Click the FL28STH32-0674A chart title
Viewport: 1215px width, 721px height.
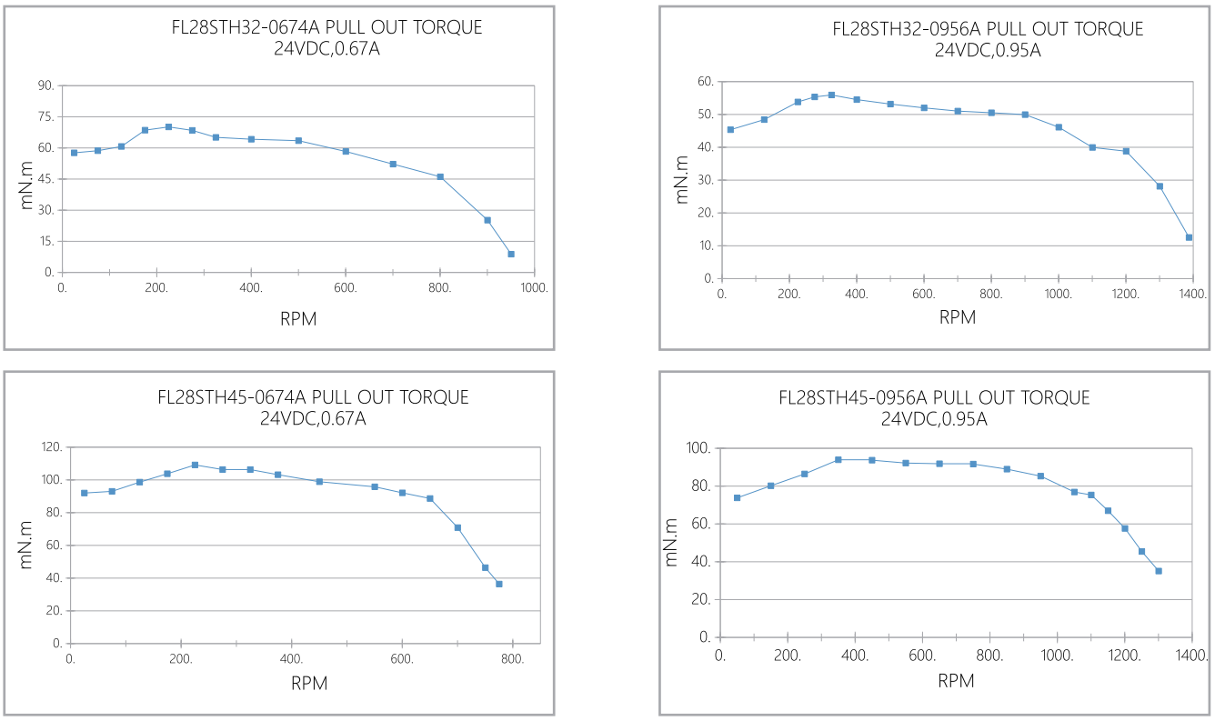coord(326,27)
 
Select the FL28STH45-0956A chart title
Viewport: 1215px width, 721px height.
coord(934,397)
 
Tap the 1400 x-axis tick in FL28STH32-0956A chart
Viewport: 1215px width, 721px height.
coord(1193,294)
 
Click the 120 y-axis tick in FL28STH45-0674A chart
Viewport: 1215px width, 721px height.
coord(52,447)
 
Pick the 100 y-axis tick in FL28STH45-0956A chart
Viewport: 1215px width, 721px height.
coord(698,448)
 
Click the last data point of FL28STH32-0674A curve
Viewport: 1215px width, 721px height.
coord(511,254)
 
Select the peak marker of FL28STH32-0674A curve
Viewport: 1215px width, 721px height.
coord(168,126)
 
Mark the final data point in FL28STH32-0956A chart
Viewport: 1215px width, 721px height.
coord(1189,237)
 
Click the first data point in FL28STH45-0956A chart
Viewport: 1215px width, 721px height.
coord(737,497)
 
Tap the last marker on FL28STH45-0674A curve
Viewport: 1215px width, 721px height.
coord(499,584)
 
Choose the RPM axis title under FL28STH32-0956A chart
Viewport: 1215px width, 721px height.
coord(957,317)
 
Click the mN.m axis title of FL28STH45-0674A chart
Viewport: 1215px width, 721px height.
coord(26,545)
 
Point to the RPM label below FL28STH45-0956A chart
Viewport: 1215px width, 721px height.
coord(956,680)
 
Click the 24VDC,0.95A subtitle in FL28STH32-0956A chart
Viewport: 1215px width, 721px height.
coord(988,50)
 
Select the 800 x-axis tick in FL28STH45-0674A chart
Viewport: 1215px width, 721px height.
coord(513,658)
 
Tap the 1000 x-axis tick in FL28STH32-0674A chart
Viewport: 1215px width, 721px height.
coord(535,287)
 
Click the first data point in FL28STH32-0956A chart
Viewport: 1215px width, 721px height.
coord(730,129)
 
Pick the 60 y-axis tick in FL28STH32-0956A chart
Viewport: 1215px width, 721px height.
coord(703,82)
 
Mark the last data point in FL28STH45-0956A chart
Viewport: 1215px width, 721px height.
coord(1159,571)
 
